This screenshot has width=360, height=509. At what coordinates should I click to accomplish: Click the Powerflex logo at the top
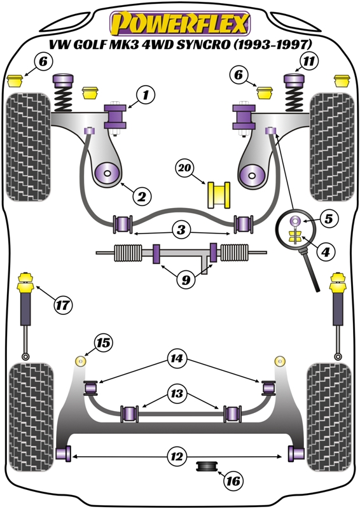click(180, 24)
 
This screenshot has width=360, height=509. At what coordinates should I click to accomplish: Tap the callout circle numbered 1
click(146, 95)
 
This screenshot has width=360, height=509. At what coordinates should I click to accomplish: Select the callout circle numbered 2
click(142, 196)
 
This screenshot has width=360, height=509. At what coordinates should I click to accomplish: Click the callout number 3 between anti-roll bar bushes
click(181, 230)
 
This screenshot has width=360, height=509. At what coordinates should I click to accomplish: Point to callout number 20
click(185, 168)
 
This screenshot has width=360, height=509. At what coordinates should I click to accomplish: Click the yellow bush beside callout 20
click(219, 195)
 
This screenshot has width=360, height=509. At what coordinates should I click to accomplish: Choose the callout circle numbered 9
click(186, 279)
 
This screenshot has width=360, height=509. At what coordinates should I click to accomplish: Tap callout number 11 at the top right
click(309, 60)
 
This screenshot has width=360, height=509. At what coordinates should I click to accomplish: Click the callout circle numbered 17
click(63, 305)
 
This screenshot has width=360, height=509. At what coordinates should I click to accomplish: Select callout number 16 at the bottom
click(233, 480)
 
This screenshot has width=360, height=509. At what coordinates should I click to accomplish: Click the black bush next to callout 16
click(207, 466)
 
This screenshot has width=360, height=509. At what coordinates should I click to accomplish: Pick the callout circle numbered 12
click(177, 456)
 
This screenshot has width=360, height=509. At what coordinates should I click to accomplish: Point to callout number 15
click(104, 342)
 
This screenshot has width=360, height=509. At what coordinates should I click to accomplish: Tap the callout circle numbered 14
click(177, 358)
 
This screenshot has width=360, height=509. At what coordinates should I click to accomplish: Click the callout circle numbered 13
click(177, 393)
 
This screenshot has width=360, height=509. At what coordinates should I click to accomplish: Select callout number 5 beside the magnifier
click(329, 218)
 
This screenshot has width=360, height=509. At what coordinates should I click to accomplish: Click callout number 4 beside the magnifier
click(326, 251)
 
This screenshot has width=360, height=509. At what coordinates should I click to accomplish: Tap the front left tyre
click(28, 147)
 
